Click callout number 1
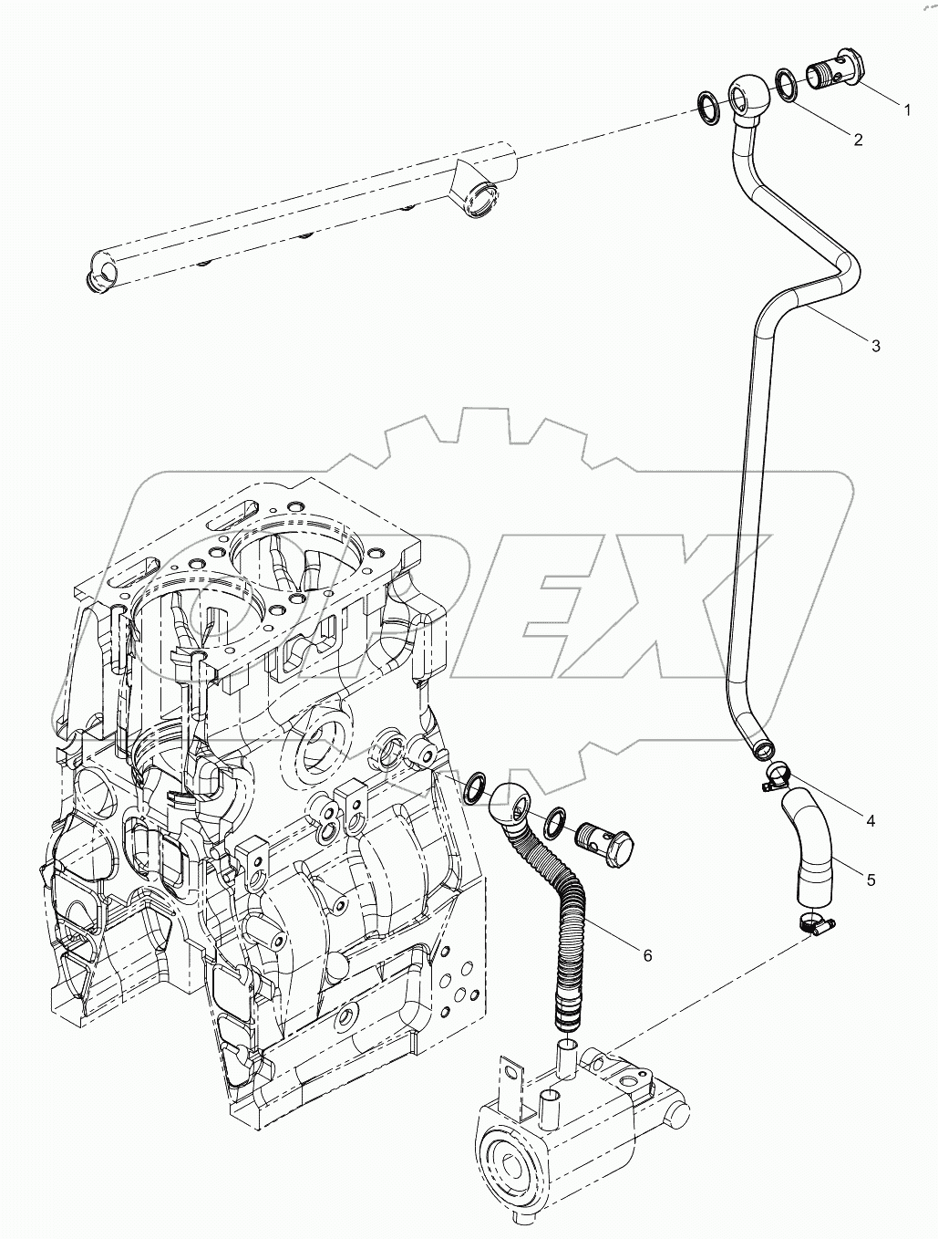tap(906, 109)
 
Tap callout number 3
tap(875, 345)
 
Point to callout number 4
tap(870, 820)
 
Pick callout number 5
tap(871, 880)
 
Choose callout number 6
tap(647, 955)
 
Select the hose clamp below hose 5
tap(817, 924)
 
